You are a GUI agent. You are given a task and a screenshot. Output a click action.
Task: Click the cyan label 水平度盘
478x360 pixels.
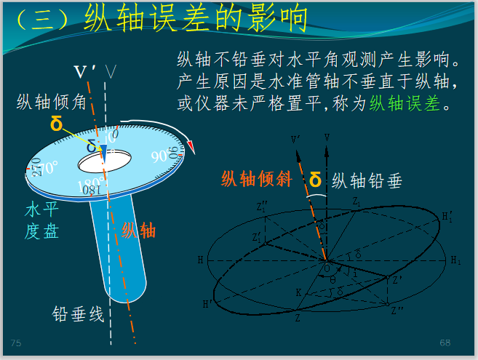click(x=41, y=221)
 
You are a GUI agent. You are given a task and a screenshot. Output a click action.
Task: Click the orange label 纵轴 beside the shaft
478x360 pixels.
click(x=138, y=231)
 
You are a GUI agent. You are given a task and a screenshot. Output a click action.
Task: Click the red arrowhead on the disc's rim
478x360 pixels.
click(x=191, y=147)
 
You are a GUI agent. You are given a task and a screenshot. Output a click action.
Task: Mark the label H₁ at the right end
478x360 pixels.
click(x=455, y=260)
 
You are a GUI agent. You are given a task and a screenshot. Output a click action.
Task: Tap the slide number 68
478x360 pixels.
click(x=445, y=342)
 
